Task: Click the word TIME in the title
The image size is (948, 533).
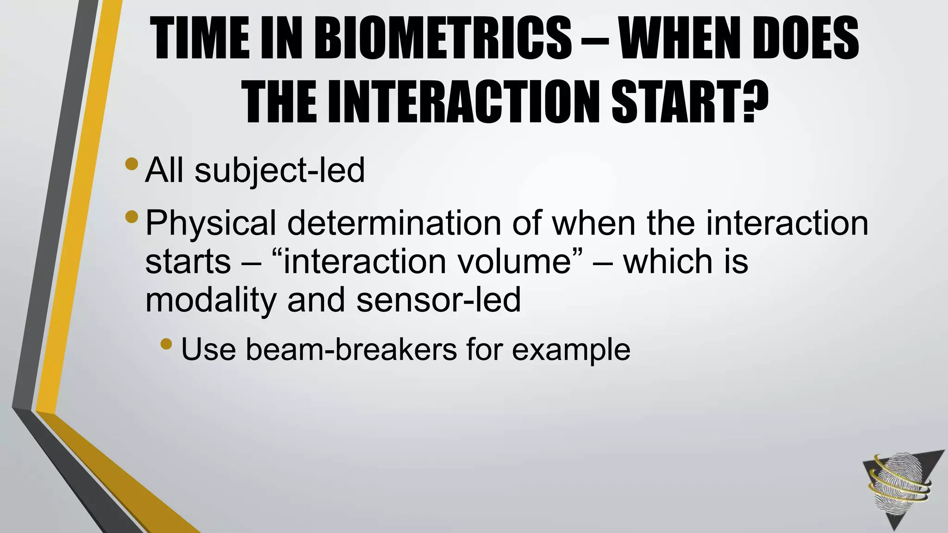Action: tap(202, 39)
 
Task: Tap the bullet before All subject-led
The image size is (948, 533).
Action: tap(131, 164)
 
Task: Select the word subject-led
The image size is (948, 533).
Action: tap(280, 171)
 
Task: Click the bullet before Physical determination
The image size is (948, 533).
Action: tap(131, 216)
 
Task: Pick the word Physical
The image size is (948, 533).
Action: tap(211, 223)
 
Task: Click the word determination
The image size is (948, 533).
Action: tap(394, 223)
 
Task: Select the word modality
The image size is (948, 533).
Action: tap(211, 300)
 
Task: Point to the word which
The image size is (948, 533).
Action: tap(667, 262)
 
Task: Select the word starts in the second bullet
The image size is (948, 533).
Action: tap(187, 262)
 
